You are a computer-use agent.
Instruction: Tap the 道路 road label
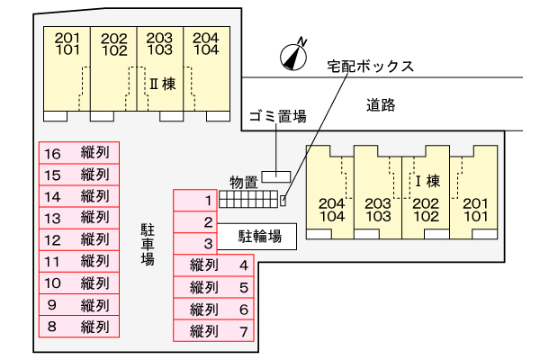click(x=381, y=104)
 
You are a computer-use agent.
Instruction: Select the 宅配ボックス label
click(x=370, y=67)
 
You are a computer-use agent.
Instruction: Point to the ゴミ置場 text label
click(x=277, y=116)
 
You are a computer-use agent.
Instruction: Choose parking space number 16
click(x=78, y=153)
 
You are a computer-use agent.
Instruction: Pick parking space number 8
click(x=78, y=327)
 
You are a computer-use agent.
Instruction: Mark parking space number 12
click(x=78, y=239)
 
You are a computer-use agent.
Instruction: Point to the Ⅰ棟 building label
click(x=426, y=180)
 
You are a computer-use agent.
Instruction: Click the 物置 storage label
click(x=243, y=182)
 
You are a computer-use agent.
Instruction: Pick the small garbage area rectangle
click(x=276, y=175)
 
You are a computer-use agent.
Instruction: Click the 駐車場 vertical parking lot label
click(x=147, y=244)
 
